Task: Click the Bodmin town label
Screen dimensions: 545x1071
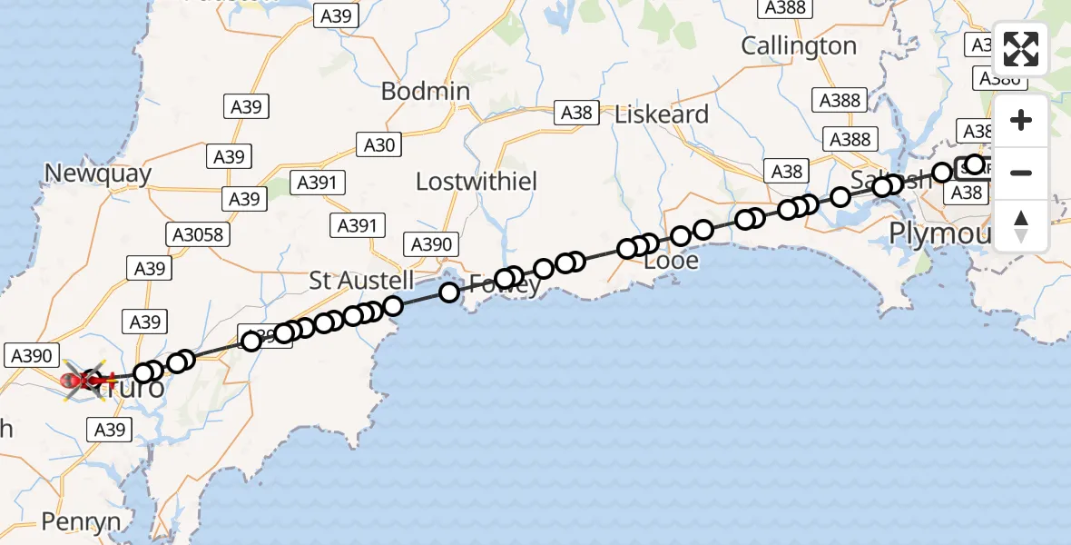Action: click(426, 92)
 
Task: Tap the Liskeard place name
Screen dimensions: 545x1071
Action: click(662, 114)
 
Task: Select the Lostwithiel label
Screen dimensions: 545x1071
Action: click(477, 182)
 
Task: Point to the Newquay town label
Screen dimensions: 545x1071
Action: click(98, 173)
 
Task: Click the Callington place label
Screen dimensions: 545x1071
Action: click(799, 45)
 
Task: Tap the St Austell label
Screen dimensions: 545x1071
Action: click(361, 281)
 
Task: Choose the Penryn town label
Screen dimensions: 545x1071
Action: click(81, 521)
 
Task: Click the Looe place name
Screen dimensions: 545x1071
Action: click(671, 262)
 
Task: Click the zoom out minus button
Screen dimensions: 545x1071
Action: click(1021, 173)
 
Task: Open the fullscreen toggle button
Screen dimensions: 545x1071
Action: click(1021, 49)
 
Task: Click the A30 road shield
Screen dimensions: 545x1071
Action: click(379, 144)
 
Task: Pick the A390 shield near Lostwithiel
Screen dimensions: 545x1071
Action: click(431, 243)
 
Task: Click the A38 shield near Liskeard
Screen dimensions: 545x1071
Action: click(576, 113)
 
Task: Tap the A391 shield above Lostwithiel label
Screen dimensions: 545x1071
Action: click(317, 183)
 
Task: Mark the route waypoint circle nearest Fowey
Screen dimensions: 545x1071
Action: click(505, 279)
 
